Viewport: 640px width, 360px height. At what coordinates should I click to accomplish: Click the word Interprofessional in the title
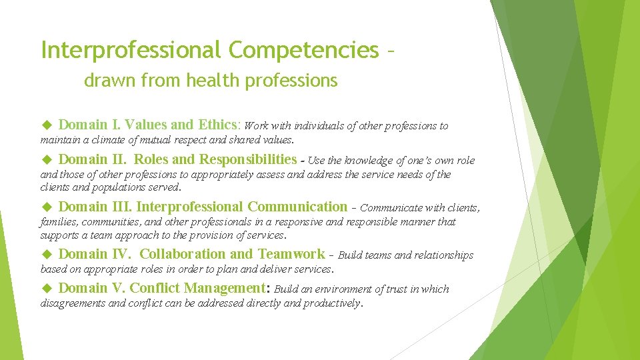click(131, 50)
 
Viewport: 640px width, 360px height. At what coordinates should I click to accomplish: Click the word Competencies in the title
click(303, 50)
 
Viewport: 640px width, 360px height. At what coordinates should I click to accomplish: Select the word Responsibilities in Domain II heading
click(248, 159)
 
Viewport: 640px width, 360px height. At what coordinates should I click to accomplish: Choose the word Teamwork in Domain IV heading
click(291, 254)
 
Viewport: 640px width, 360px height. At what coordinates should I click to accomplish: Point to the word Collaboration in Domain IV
click(183, 254)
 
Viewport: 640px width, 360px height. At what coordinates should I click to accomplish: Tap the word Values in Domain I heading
click(145, 125)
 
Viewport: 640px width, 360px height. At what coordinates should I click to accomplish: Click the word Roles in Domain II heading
click(151, 159)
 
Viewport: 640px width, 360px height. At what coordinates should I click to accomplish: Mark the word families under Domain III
click(59, 222)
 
